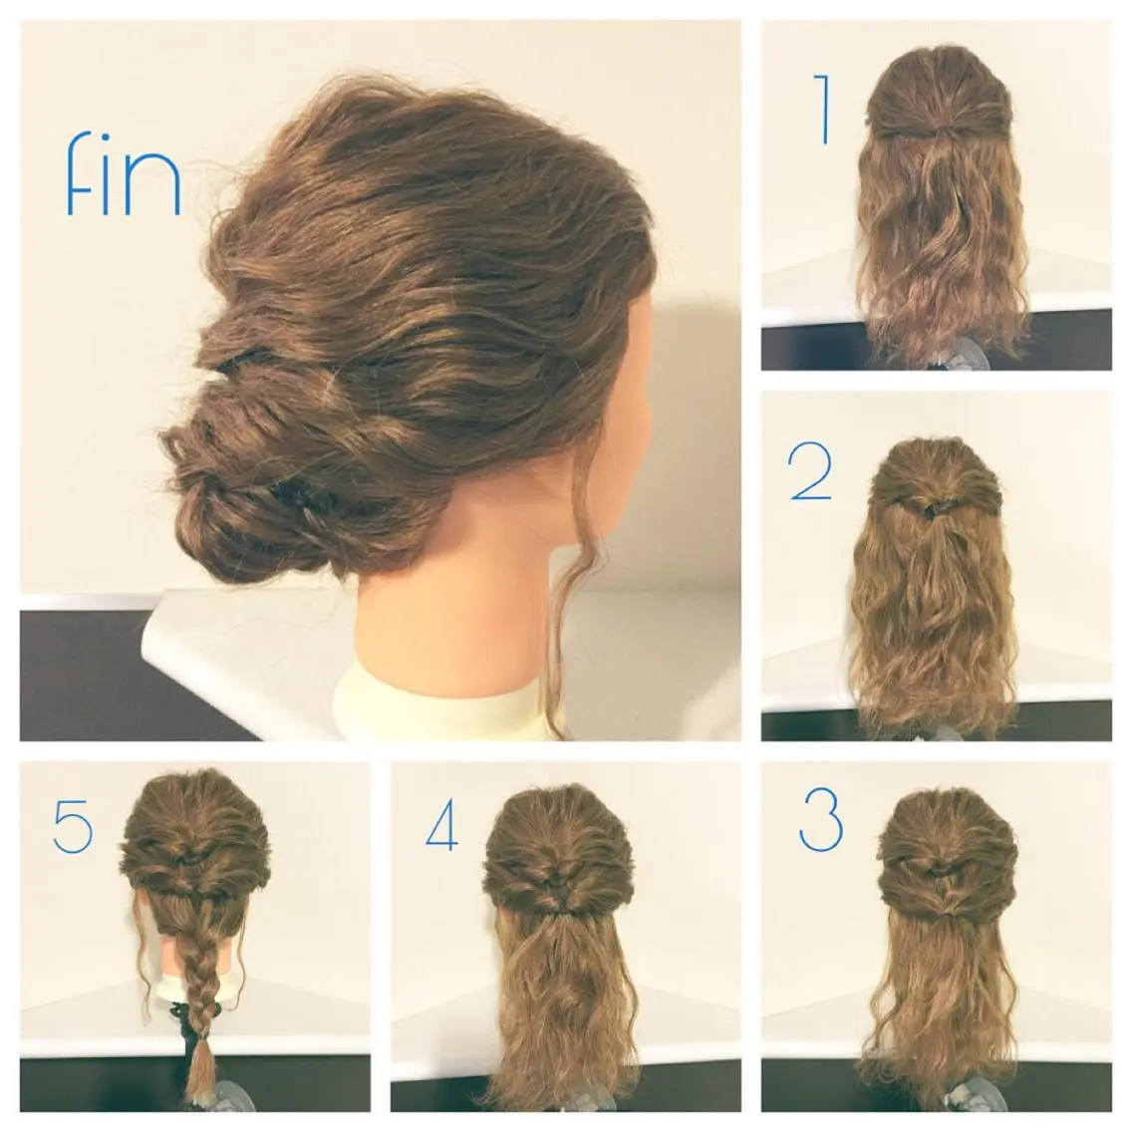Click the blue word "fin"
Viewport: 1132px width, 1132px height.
(123, 173)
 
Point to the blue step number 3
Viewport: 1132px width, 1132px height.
(821, 819)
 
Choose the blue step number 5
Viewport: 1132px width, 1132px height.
(73, 824)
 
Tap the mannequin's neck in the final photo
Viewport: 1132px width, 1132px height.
(462, 614)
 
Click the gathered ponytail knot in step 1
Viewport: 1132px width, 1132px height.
(940, 131)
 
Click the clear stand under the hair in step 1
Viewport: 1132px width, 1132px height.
(952, 355)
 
